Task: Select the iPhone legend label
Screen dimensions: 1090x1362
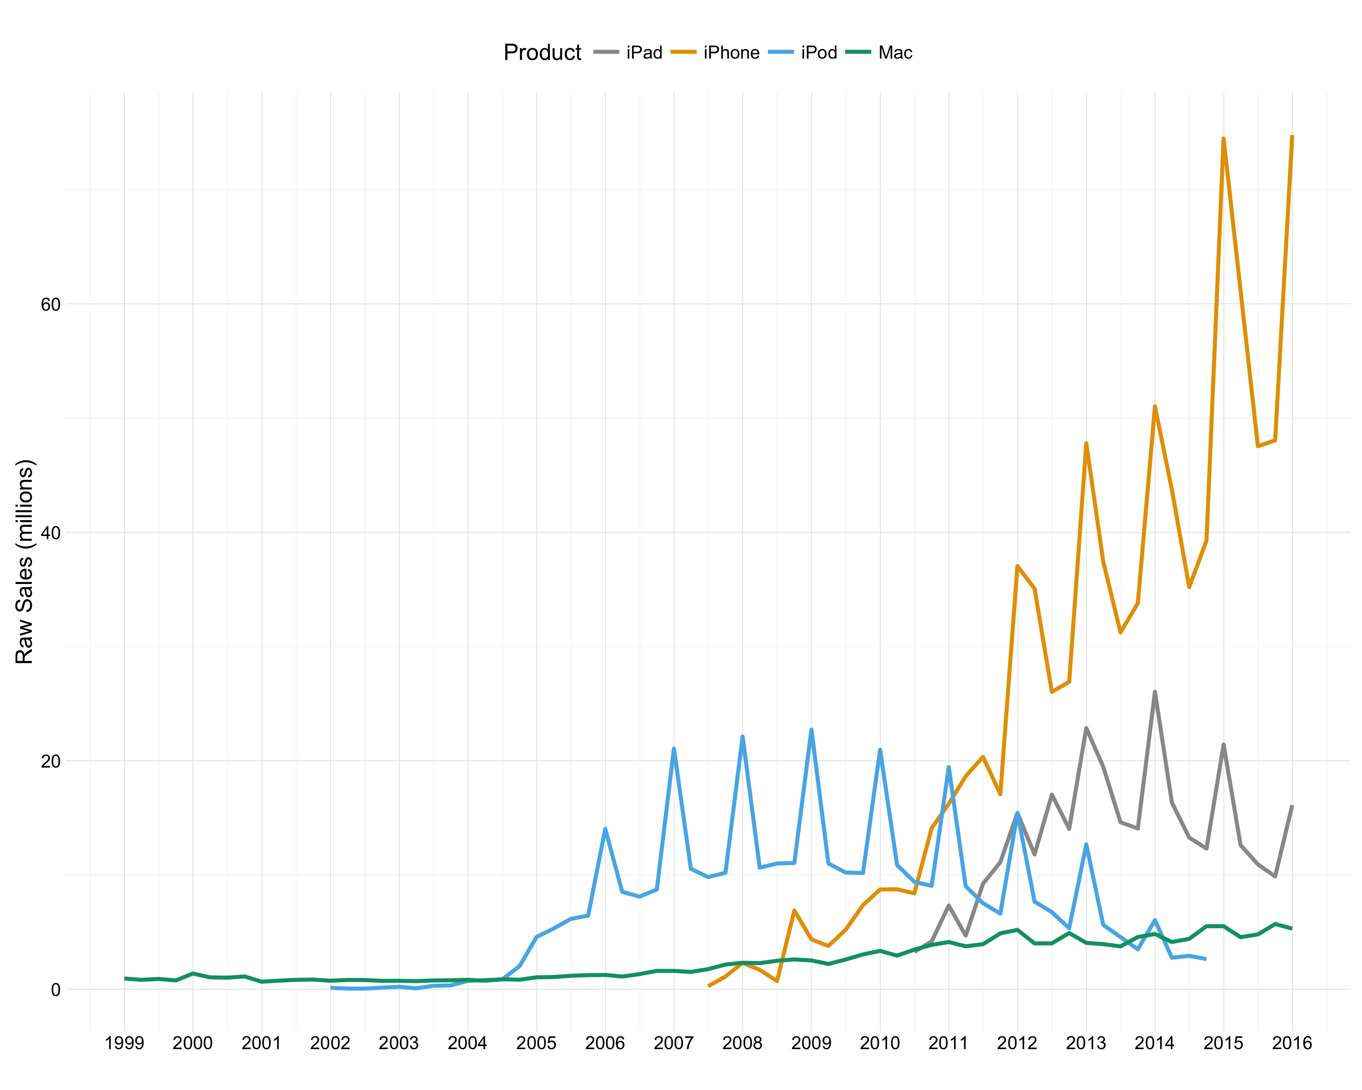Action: tap(731, 52)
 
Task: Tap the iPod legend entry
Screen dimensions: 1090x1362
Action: tap(819, 52)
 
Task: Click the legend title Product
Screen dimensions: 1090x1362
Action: tap(542, 52)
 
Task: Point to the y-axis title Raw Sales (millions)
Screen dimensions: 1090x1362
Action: tap(24, 562)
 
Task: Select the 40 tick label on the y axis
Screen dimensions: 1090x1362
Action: tap(50, 533)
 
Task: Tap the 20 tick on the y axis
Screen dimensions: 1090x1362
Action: tap(50, 762)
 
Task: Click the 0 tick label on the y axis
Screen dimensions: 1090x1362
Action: tap(55, 990)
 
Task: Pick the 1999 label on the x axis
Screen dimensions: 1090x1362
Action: tap(124, 1043)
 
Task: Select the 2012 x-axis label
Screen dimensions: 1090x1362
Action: tap(1017, 1043)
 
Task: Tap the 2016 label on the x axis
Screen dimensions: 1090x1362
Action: tap(1292, 1043)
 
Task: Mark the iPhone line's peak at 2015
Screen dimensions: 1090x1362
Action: tap(1224, 139)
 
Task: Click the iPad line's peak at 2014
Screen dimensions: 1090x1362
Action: tap(1155, 692)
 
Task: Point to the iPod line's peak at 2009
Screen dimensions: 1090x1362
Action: tap(811, 729)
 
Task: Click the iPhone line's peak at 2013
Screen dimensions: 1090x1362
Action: tap(1086, 444)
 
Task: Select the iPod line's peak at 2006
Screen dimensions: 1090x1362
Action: tap(605, 828)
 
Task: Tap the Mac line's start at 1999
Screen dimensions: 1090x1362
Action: tap(125, 978)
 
